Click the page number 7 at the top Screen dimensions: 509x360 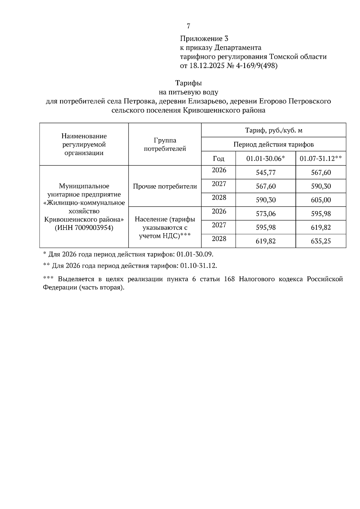(x=188, y=26)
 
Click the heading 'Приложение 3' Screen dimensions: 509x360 (x=204, y=39)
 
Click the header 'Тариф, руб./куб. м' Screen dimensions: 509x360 (x=274, y=130)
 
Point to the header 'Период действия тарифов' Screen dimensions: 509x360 (x=274, y=144)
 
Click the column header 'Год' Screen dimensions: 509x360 (x=218, y=159)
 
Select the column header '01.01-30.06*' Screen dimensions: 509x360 (x=265, y=159)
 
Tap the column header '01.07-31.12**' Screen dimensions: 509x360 (x=321, y=159)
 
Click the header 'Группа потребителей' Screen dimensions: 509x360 (x=165, y=144)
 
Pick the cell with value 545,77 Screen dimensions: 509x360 (x=265, y=173)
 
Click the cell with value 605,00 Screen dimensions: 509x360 (x=321, y=200)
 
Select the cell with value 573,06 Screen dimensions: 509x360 (x=265, y=214)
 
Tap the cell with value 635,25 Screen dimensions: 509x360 (x=321, y=241)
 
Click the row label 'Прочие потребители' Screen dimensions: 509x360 (x=165, y=186)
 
